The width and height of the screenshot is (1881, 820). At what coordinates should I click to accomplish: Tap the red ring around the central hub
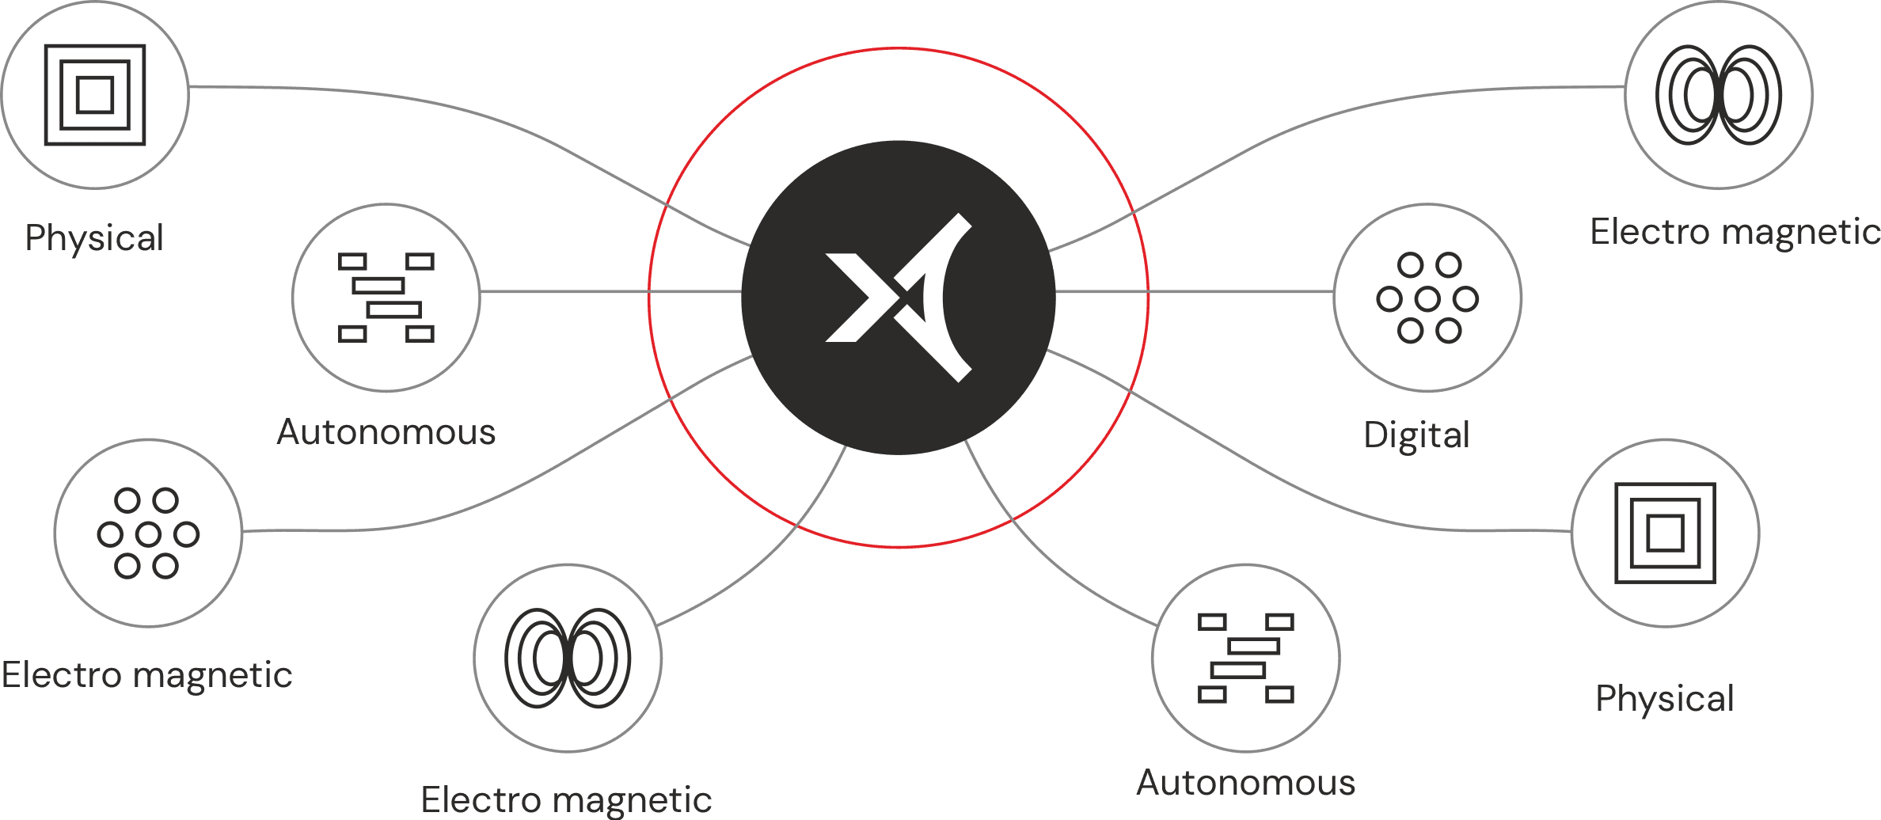[899, 48]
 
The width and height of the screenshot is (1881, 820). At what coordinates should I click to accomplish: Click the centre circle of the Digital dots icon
[1427, 298]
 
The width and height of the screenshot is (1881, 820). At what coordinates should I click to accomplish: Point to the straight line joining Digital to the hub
[1195, 292]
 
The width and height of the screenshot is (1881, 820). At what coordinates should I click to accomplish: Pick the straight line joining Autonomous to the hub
[610, 292]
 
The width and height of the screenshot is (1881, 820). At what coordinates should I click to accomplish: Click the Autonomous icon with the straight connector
[386, 298]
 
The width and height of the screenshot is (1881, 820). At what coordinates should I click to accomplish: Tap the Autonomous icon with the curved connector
[1246, 659]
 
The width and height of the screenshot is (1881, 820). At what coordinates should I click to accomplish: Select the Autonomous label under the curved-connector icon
[1246, 783]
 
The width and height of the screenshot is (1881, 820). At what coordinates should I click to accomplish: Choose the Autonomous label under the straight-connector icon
[386, 432]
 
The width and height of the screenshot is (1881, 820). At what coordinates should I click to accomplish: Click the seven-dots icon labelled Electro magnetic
[148, 533]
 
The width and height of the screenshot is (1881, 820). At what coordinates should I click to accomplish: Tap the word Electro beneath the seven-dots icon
[62, 675]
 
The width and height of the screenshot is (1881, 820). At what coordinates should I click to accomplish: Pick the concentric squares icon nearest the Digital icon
[1666, 533]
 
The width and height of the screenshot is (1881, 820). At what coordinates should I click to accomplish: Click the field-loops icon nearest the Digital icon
[1719, 95]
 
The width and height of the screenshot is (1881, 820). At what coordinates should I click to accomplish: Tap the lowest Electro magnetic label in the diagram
[566, 800]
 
